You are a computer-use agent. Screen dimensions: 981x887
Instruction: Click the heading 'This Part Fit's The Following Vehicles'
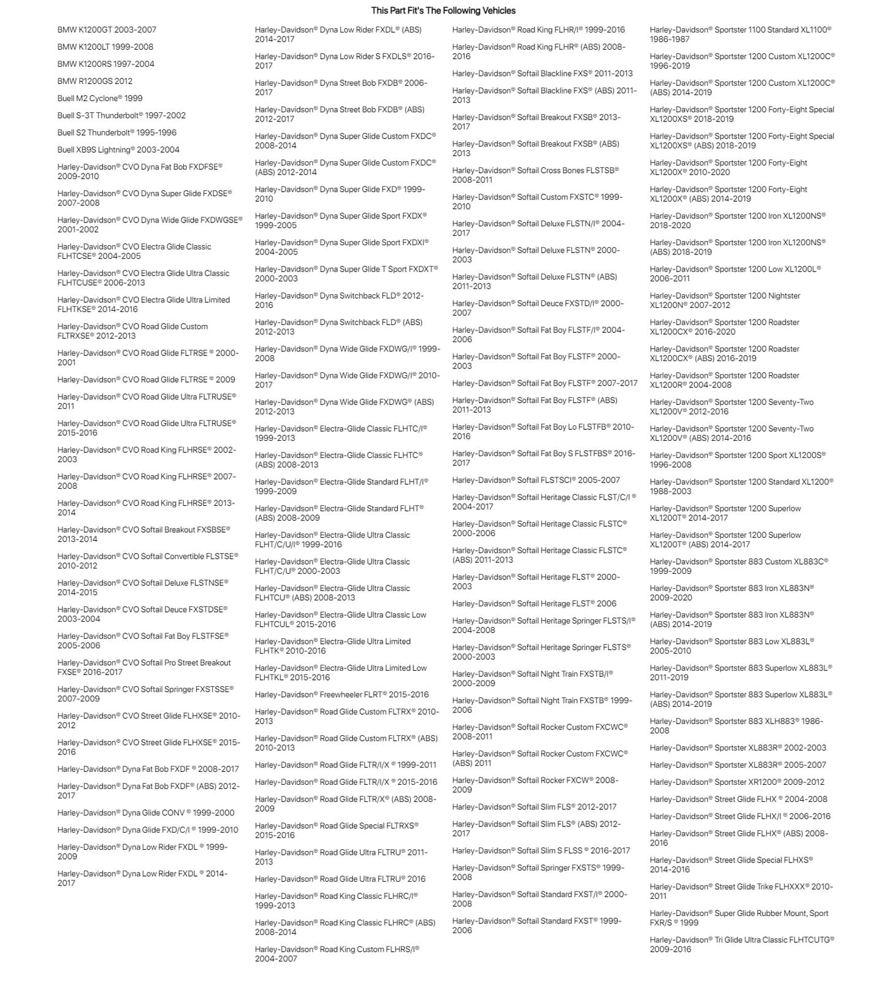443,10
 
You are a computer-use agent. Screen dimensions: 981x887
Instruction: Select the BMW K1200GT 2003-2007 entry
107,29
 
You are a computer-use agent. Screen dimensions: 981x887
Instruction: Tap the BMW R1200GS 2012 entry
94,81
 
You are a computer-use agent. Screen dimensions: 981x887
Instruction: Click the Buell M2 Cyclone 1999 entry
100,98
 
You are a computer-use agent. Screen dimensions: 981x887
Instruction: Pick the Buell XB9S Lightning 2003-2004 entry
118,150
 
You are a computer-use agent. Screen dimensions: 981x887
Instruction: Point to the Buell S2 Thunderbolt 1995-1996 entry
116,132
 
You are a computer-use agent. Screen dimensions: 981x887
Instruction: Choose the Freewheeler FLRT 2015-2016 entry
341,695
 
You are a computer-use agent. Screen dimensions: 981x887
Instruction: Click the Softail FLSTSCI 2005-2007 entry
536,480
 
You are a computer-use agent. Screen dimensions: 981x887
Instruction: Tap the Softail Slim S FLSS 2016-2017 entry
541,850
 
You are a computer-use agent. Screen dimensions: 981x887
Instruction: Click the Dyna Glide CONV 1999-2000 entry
146,812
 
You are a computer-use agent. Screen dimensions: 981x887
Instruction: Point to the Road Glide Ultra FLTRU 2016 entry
340,879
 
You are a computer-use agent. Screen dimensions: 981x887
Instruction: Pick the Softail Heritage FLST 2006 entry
534,603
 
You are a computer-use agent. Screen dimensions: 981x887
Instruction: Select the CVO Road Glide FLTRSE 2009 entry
146,380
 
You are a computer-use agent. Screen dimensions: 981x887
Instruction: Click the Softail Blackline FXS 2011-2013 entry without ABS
542,74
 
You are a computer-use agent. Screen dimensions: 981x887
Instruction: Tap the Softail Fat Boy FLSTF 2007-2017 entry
544,383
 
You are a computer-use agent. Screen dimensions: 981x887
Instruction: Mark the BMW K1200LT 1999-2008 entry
105,47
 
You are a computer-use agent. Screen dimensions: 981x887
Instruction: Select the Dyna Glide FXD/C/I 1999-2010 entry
148,830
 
